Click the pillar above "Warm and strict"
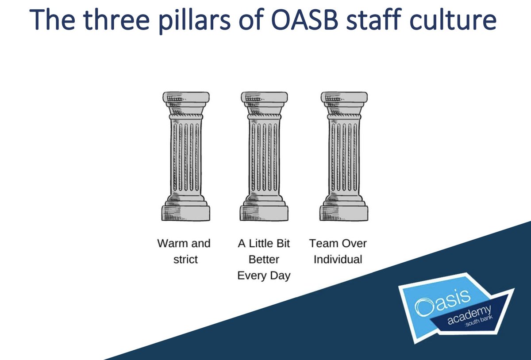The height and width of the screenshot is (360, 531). pos(186,157)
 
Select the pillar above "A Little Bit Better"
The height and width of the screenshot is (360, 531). pos(264,157)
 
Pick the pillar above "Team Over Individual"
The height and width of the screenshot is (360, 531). pos(344,157)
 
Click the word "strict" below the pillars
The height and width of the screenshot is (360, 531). pos(185,259)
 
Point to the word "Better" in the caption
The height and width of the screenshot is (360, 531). pos(264,259)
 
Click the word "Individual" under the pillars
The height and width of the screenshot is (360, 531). pos(338,259)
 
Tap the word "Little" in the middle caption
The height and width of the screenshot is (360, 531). pos(263,243)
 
